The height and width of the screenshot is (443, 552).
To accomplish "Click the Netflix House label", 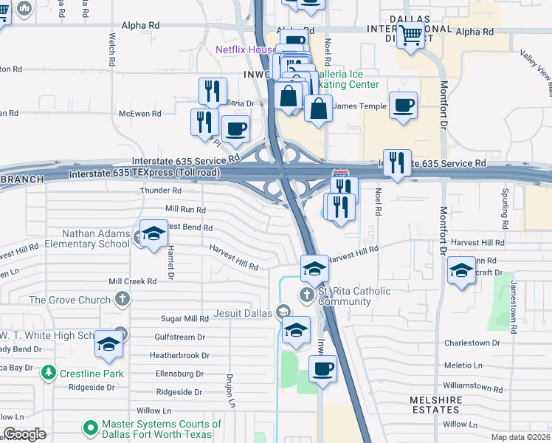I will (245, 50).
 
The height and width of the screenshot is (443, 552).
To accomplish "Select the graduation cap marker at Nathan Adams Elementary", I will (153, 235).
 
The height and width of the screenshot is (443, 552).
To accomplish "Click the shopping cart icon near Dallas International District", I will (411, 34).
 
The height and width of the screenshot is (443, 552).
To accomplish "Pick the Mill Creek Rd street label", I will (133, 281).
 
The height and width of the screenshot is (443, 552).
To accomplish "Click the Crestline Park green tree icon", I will (49, 373).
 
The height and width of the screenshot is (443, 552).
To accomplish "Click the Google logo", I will (24, 434).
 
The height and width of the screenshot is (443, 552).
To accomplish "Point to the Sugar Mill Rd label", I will (185, 319).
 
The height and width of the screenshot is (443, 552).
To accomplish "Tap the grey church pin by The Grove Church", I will (123, 299).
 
